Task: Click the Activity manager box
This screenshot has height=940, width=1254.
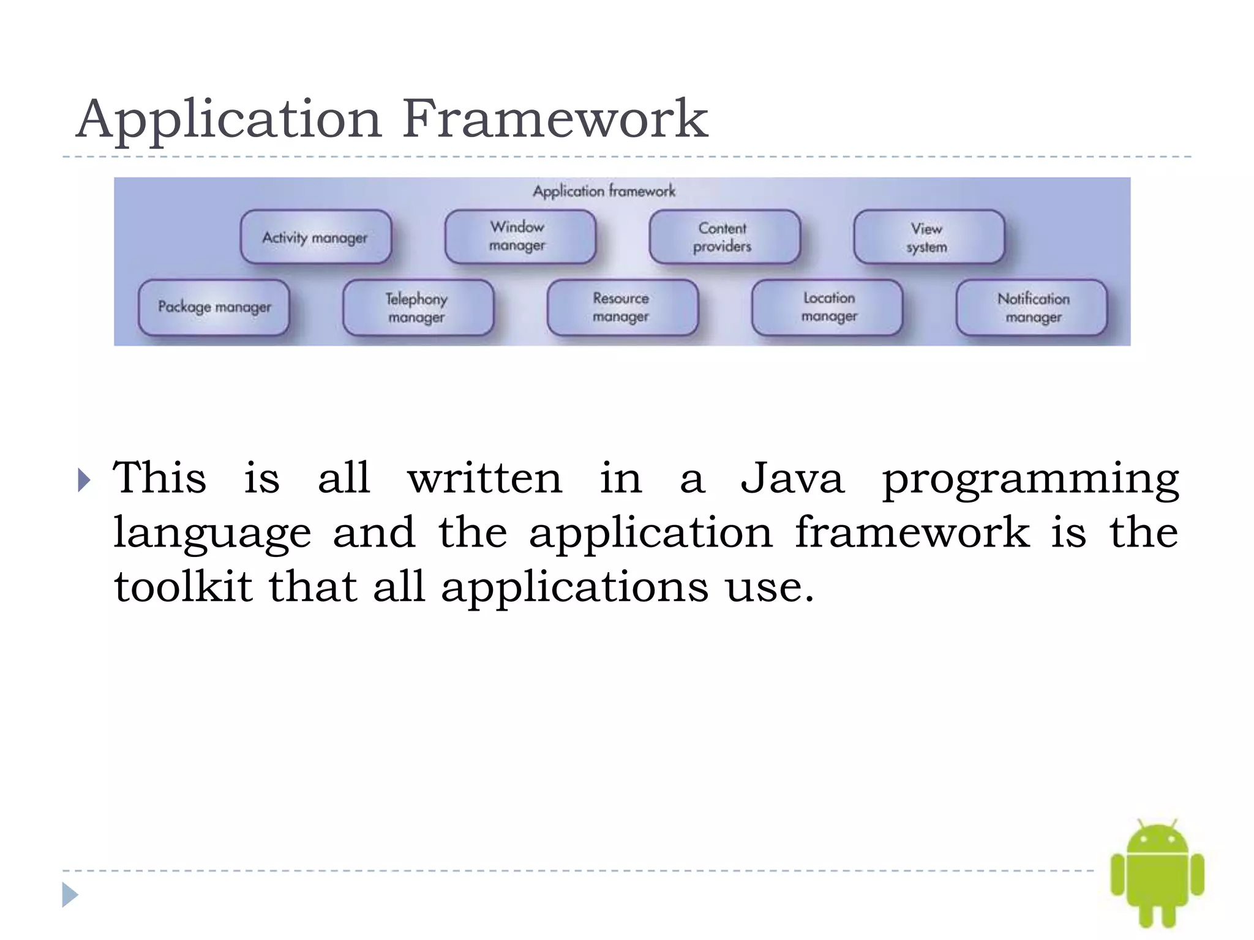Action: click(x=315, y=237)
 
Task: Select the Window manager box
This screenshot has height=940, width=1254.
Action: click(x=520, y=237)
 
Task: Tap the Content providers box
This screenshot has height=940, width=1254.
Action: click(x=724, y=237)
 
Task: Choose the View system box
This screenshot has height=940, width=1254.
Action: click(x=928, y=237)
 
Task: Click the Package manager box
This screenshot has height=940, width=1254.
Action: click(x=214, y=307)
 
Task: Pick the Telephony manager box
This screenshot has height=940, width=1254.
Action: click(x=418, y=308)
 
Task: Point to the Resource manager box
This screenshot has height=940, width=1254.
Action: click(x=622, y=308)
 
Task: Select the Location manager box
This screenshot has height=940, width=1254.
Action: click(x=827, y=308)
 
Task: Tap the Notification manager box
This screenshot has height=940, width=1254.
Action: click(x=1032, y=308)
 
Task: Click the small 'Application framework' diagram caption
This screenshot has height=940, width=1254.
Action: click(x=604, y=192)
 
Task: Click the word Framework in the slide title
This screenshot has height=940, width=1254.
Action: click(x=555, y=119)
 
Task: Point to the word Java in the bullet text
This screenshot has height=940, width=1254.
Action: click(x=792, y=479)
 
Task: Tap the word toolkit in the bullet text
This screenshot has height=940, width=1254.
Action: click(x=182, y=586)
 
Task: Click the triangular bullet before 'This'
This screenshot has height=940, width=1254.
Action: click(x=84, y=480)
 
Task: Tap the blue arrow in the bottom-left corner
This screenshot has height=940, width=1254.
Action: click(x=70, y=895)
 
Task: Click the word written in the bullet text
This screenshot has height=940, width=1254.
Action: click(x=484, y=479)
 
